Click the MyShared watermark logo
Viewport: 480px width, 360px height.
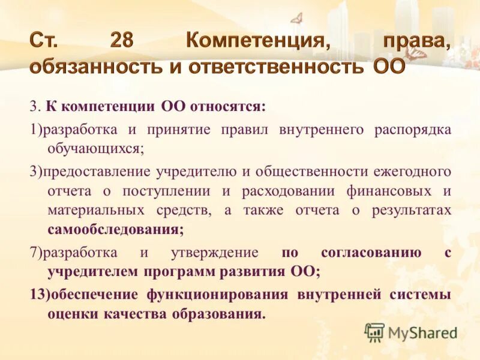click(x=410, y=332)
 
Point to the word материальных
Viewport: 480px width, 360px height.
click(x=96, y=211)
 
